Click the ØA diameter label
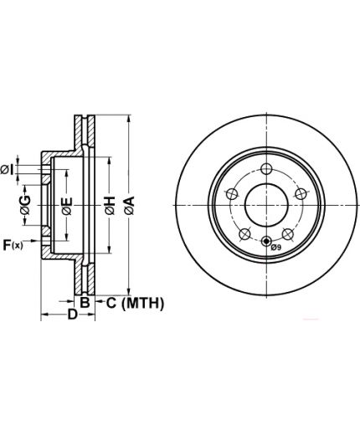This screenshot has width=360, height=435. (130, 206)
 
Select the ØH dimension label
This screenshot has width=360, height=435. (110, 206)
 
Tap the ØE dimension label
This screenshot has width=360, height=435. (67, 206)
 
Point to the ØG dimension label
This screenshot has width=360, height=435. (25, 205)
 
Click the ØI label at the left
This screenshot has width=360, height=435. (8, 170)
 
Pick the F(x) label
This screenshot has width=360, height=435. (13, 245)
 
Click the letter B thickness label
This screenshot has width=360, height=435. (85, 303)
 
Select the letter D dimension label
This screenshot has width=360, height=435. (73, 315)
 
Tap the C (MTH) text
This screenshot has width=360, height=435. (135, 303)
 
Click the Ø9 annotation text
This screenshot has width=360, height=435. (276, 247)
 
